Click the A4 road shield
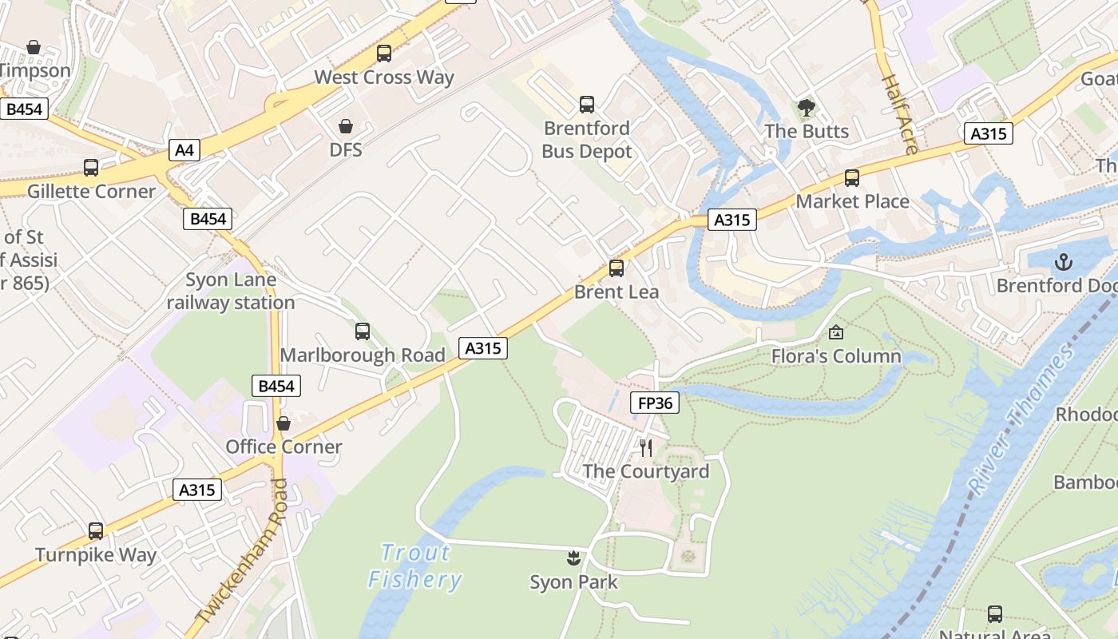pos(184,149)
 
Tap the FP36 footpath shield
pos(655,403)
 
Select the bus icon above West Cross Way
pos(384,54)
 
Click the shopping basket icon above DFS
pos(346,126)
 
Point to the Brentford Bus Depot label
pos(587,140)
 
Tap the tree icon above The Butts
pos(807,107)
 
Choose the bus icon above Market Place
pos(852,178)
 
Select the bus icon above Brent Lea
pos(616,268)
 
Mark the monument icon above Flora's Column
pos(836,332)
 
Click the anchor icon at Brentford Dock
pos(1063,261)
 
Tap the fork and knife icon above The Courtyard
pos(646,447)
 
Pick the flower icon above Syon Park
pos(573,557)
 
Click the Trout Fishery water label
pos(415,566)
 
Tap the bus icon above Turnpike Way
pos(96,530)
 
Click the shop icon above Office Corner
pos(283,423)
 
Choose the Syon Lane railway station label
pos(231,292)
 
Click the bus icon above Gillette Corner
pos(91,168)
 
